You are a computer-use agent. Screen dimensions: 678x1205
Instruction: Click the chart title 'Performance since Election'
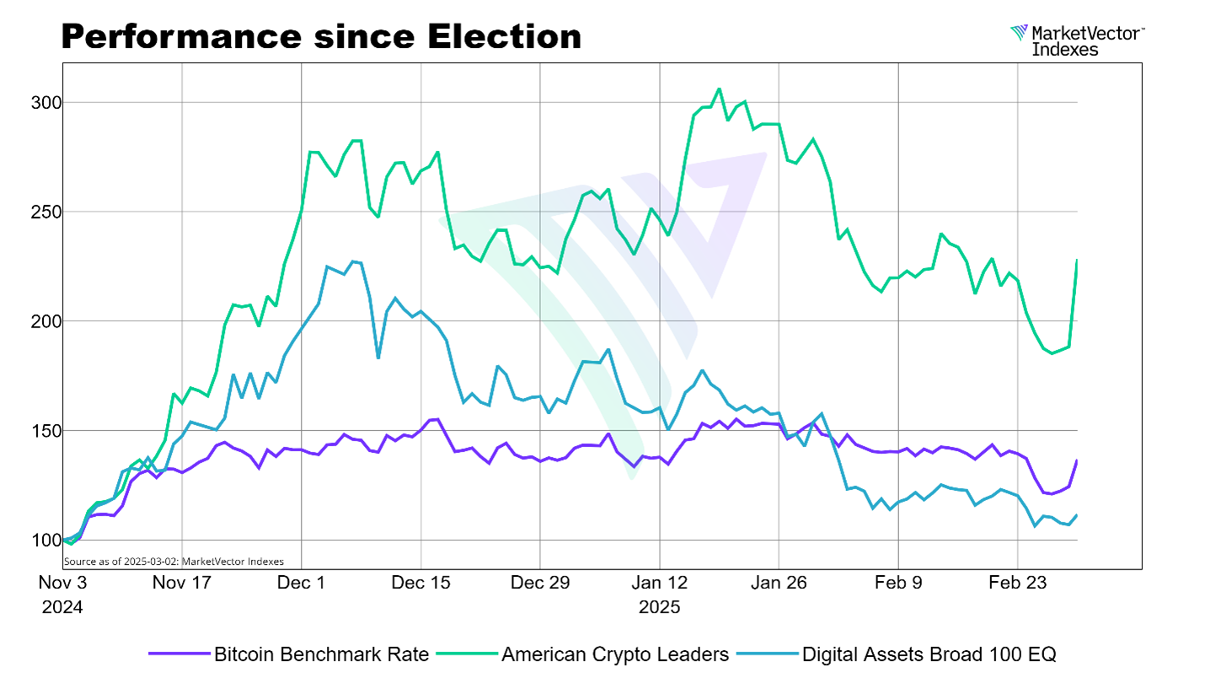[321, 36]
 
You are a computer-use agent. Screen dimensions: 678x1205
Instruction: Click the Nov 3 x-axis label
[63, 583]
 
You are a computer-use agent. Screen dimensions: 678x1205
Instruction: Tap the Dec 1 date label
[302, 583]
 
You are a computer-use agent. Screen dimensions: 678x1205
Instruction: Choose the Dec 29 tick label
[540, 583]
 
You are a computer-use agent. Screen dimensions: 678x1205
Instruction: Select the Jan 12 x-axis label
[660, 583]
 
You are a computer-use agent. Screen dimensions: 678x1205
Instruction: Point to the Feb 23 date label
[1018, 583]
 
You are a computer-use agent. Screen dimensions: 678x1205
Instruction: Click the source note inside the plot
[174, 561]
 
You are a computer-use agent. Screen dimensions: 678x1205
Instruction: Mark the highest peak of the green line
[719, 89]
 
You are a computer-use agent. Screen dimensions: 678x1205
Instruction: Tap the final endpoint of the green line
[1078, 260]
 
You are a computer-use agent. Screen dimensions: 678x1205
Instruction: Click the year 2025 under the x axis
[660, 606]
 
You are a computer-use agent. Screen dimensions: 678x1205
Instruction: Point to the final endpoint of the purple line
[1078, 460]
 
